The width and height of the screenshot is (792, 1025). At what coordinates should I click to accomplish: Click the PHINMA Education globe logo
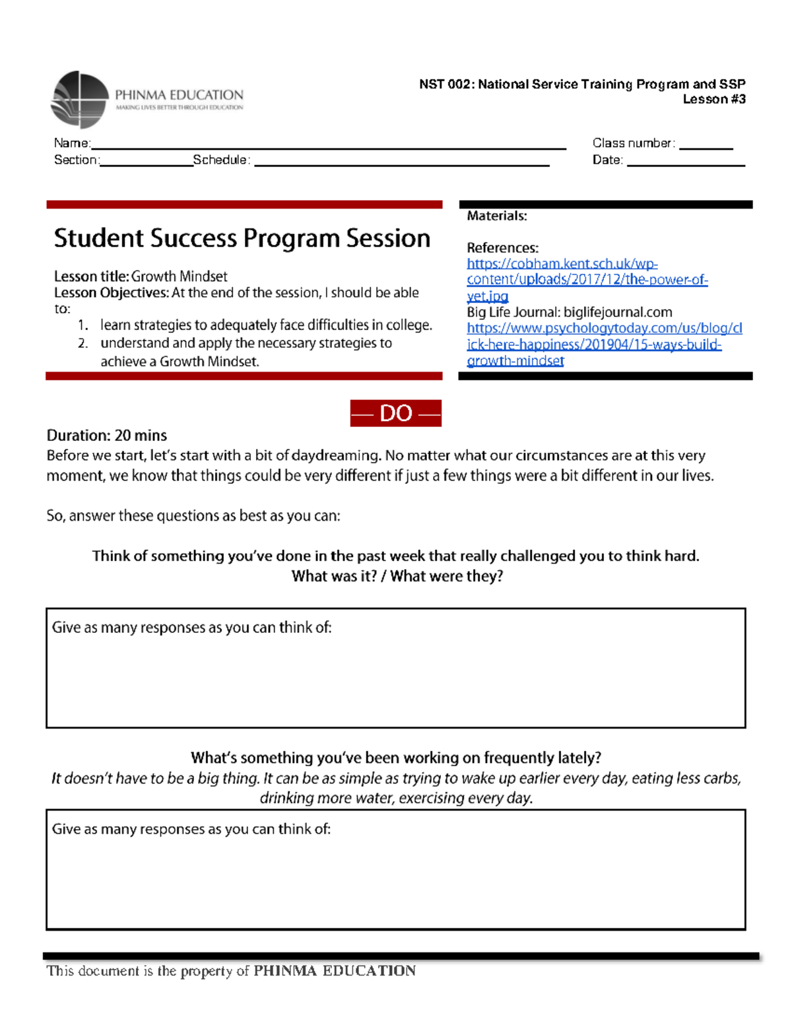click(x=79, y=100)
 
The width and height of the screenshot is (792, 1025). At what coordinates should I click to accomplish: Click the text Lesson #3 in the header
click(x=713, y=100)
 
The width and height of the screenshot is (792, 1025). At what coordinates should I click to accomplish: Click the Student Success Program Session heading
click(x=242, y=238)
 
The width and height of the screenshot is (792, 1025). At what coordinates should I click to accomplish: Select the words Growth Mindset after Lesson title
click(x=179, y=277)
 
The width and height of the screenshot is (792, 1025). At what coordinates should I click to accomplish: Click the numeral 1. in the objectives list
click(x=82, y=325)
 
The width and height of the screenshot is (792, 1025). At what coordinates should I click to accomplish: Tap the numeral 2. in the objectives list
click(x=82, y=343)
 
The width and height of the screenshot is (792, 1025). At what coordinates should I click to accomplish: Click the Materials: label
click(x=496, y=216)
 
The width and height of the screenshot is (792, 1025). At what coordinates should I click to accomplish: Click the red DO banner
click(x=395, y=413)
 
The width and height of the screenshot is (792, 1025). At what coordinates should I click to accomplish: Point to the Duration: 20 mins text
click(x=106, y=436)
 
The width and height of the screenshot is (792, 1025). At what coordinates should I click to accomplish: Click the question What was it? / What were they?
click(x=397, y=576)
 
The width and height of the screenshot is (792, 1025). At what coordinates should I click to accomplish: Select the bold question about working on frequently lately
click(x=395, y=758)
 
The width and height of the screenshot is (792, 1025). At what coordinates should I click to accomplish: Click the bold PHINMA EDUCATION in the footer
click(x=335, y=971)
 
